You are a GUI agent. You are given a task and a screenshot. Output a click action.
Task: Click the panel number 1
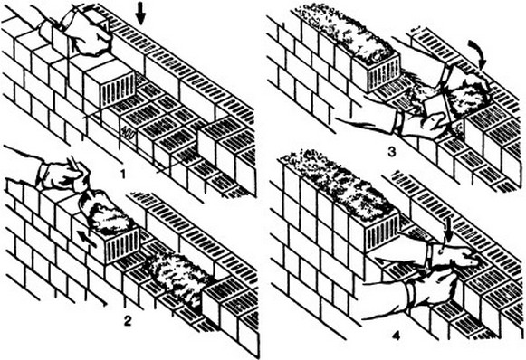pyautogui.click(x=123, y=175)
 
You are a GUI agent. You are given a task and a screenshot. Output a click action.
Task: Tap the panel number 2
pyautogui.click(x=128, y=321)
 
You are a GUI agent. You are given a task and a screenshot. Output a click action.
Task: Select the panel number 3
pyautogui.click(x=391, y=152)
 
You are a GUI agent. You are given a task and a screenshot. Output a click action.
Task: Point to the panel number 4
pyautogui.click(x=397, y=336)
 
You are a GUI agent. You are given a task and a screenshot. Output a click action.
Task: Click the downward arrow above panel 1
pyautogui.click(x=141, y=14)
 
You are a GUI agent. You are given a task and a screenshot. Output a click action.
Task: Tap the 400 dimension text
pyautogui.click(x=129, y=133)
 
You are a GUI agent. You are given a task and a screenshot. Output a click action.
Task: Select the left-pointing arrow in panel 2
pyautogui.click(x=87, y=238)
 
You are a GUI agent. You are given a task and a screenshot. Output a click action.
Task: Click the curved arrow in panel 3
pyautogui.click(x=478, y=53)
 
